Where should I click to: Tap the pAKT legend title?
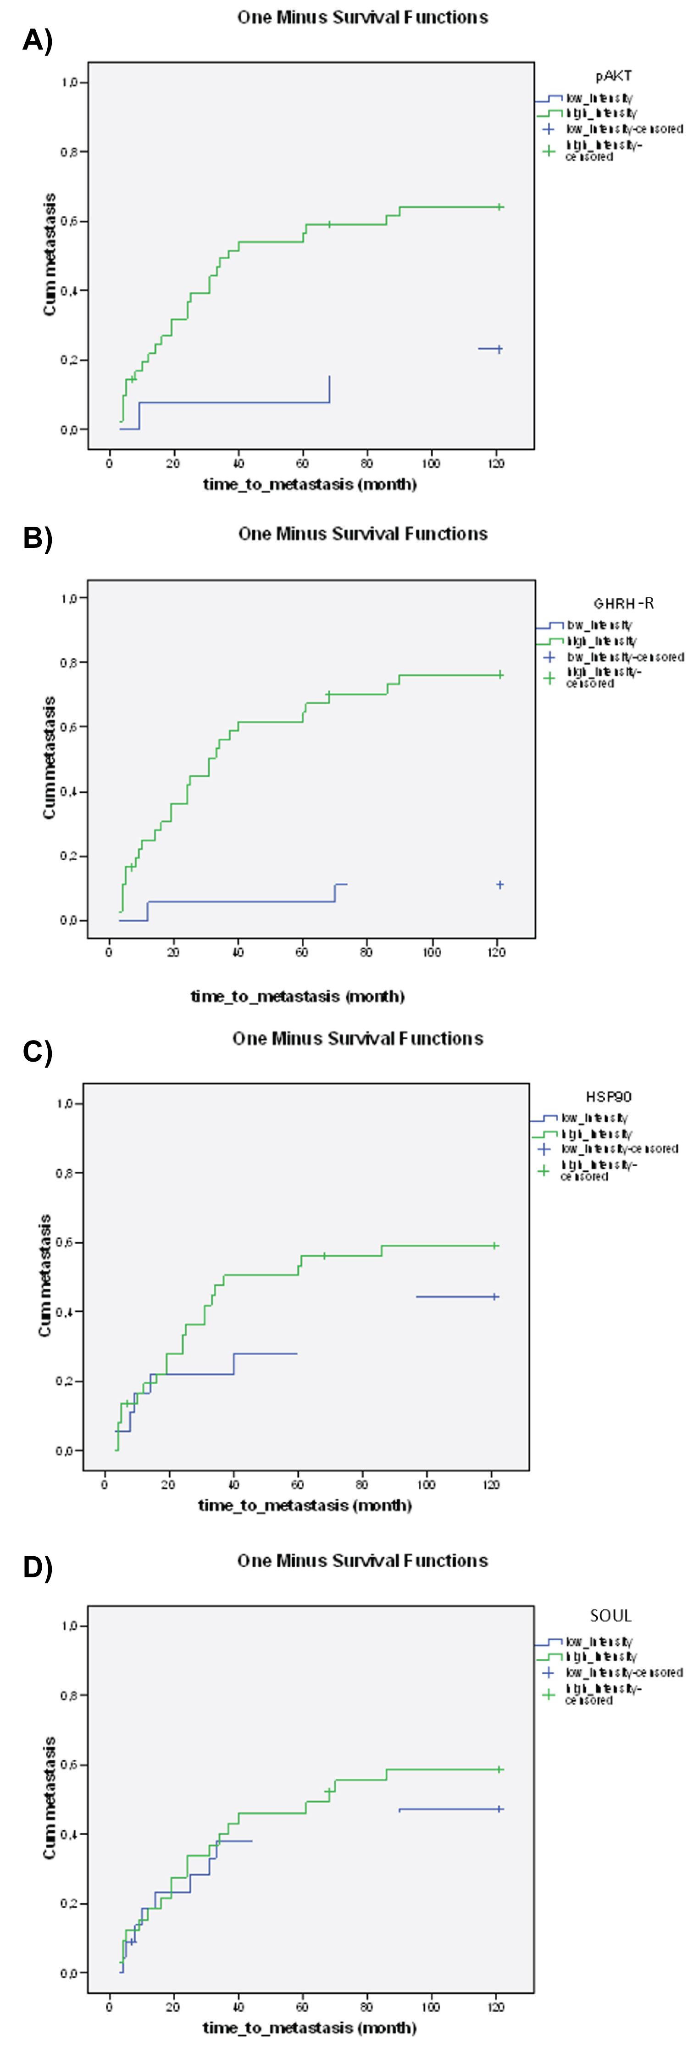click(613, 76)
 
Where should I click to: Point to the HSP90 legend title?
click(609, 1097)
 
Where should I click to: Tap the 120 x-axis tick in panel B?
click(496, 952)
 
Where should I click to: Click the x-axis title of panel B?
click(298, 996)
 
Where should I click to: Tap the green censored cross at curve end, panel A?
click(499, 207)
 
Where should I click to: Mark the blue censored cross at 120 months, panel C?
click(495, 1297)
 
